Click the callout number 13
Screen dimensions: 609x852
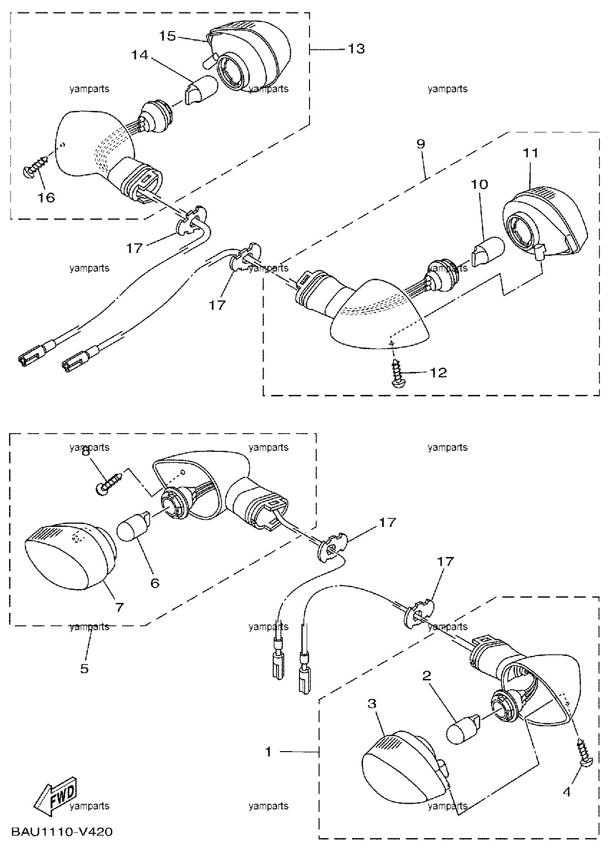coord(357,48)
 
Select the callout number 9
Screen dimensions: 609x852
coord(420,144)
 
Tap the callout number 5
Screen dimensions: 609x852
coord(84,668)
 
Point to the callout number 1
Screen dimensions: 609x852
coord(269,752)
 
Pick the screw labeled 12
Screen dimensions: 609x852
coord(398,373)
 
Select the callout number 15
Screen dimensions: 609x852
coord(168,36)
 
